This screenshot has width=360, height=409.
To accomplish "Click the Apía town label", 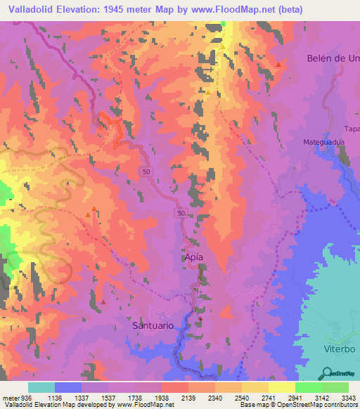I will (195, 257).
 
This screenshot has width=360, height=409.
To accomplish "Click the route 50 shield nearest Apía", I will (181, 213).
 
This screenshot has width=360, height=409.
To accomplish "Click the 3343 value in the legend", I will (347, 397).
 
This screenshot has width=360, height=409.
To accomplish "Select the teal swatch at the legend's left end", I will (41, 387).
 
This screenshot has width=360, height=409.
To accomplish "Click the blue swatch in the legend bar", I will (67, 387).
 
